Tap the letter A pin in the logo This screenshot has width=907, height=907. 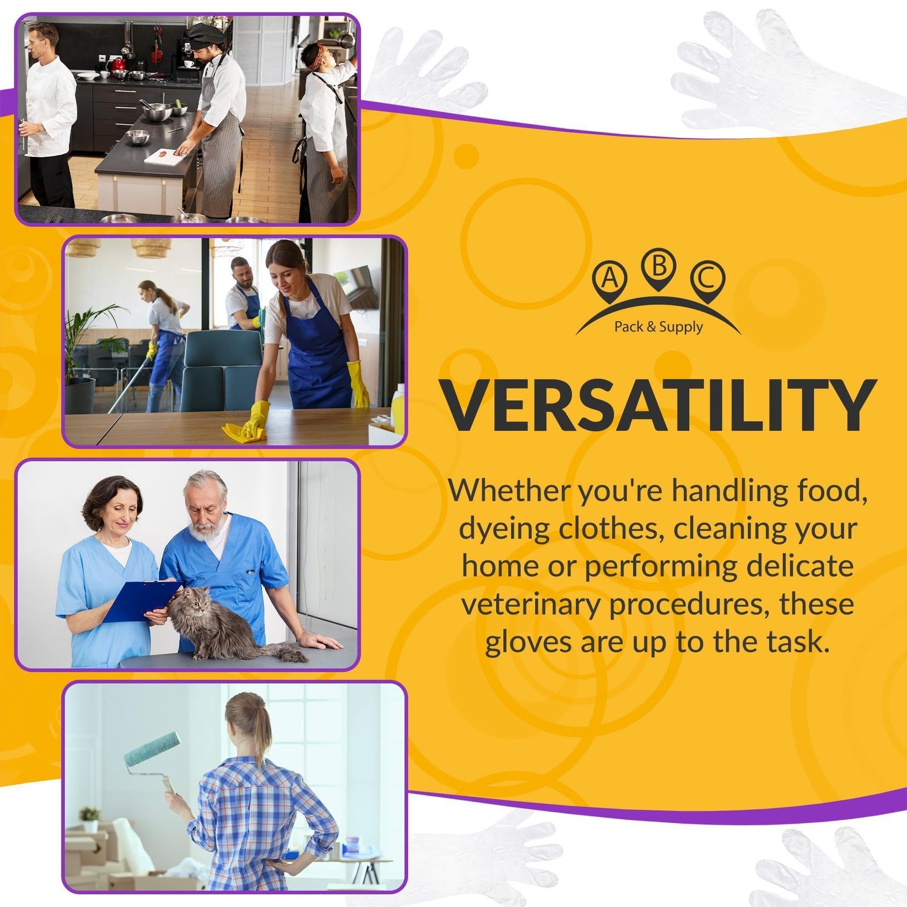point(610,281)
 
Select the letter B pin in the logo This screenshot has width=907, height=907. point(659,269)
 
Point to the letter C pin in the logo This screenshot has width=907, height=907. point(707,281)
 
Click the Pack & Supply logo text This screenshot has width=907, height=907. point(659,327)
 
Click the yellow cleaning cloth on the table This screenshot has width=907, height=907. point(244,433)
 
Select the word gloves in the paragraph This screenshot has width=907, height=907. point(529,642)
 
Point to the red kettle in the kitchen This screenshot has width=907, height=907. point(118,65)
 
